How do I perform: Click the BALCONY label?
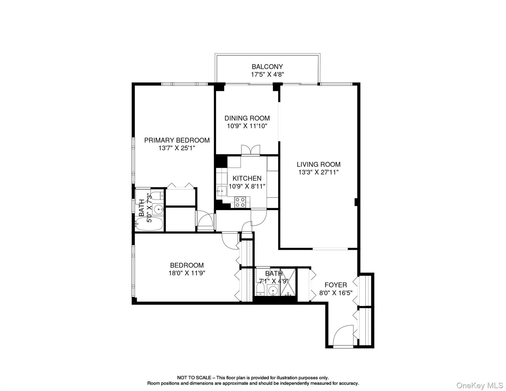267,67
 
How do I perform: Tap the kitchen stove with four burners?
240,202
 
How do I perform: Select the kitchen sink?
221,190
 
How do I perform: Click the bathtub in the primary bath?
149,224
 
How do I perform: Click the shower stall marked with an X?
288,282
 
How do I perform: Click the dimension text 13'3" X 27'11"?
318,172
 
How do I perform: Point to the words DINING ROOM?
247,118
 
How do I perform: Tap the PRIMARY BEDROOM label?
177,140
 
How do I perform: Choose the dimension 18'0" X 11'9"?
187,273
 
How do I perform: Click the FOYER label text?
335,285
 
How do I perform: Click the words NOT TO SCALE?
194,378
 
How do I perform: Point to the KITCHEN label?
247,178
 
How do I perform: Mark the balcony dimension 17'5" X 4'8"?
267,75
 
